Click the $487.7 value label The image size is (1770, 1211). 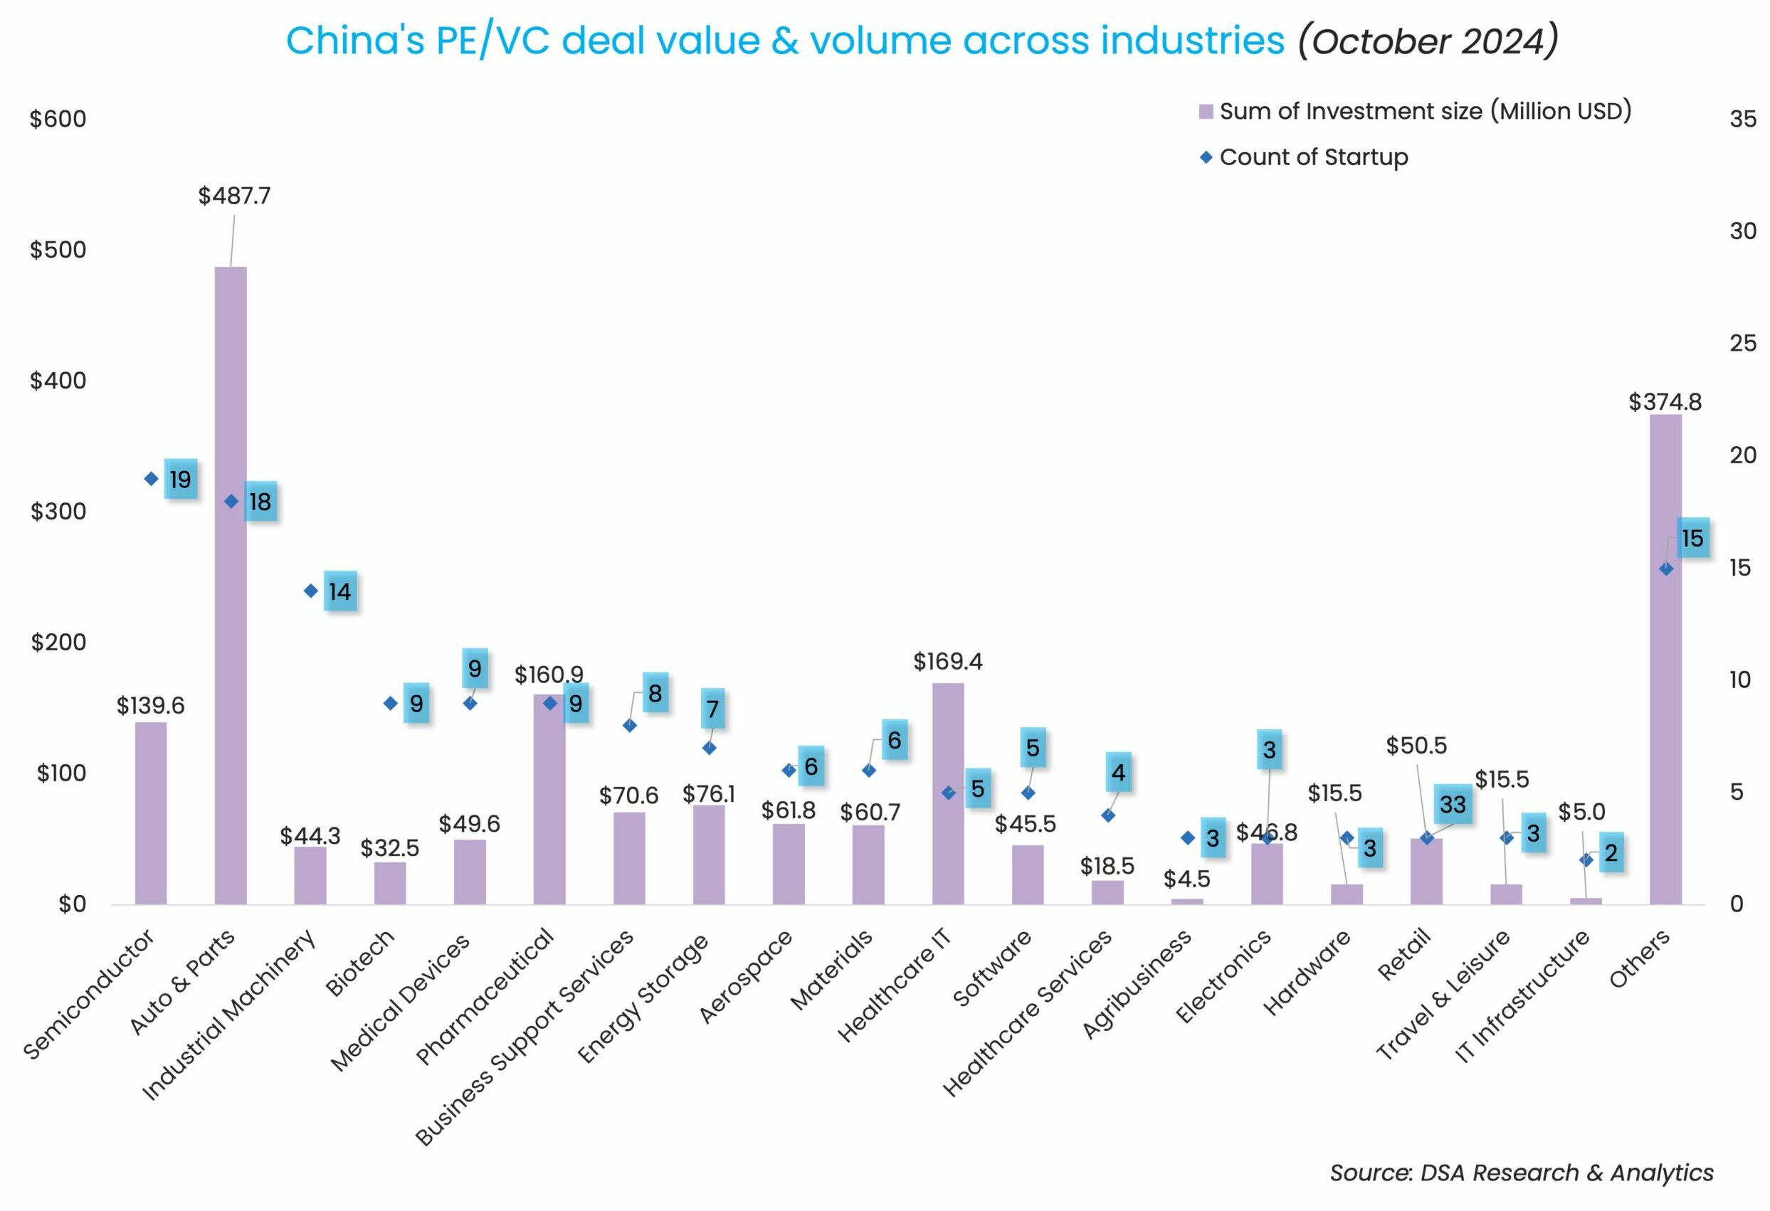(234, 196)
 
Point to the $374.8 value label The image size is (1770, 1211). (1664, 401)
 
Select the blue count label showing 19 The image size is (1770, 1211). (181, 479)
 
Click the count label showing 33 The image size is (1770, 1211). (1453, 804)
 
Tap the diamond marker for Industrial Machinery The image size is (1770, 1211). (311, 591)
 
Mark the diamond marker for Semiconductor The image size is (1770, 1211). (151, 479)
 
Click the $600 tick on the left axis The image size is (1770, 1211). (58, 119)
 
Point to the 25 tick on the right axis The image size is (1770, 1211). (1742, 343)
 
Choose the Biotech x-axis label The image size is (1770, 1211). (360, 963)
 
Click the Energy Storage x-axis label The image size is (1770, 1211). (643, 998)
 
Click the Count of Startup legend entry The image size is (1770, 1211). (1313, 157)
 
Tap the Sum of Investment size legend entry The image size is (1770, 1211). (1424, 111)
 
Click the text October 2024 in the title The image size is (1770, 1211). (1428, 41)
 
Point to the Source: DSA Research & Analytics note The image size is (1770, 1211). (1521, 1172)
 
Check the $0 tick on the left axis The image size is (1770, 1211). (72, 904)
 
